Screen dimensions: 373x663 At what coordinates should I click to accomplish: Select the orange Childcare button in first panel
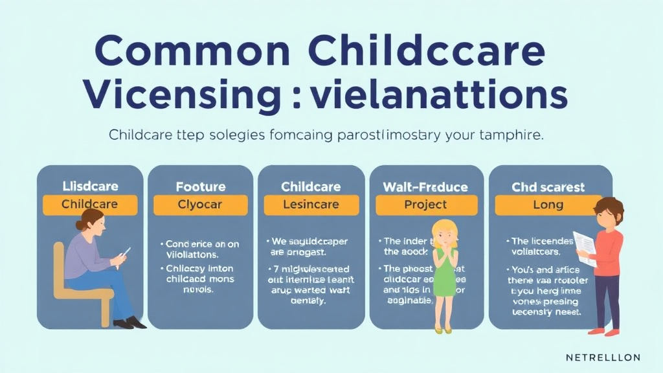coord(90,205)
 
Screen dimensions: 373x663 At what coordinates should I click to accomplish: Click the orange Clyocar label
coord(200,205)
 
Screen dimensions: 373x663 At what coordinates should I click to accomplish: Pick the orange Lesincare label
coord(311,205)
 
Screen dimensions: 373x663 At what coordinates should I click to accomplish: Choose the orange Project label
coord(425,205)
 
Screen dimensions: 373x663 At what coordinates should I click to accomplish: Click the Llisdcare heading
coord(90,186)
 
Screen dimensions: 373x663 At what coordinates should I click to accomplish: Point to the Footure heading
coord(200,186)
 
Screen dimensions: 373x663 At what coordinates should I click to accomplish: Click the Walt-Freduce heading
coord(425,186)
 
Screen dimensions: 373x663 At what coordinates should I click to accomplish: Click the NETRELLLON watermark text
coord(603,357)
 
